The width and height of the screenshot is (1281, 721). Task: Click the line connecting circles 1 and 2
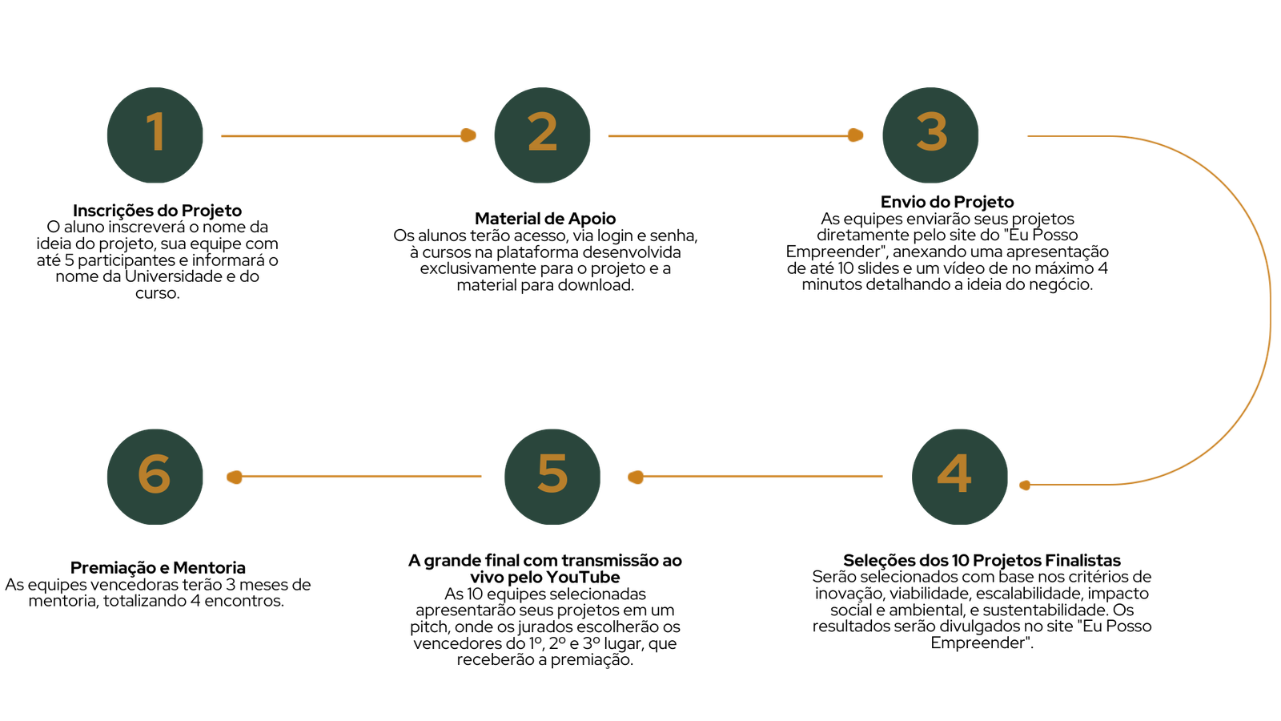pyautogui.click(x=340, y=135)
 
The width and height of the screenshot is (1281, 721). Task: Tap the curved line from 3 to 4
pyautogui.click(x=1271, y=308)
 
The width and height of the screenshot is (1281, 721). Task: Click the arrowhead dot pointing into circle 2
pyautogui.click(x=468, y=135)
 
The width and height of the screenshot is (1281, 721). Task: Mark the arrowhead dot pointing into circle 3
pyautogui.click(x=855, y=135)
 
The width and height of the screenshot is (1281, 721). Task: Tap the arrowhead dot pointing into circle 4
pyautogui.click(x=1025, y=485)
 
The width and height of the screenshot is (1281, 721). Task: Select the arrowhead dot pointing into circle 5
pyautogui.click(x=636, y=477)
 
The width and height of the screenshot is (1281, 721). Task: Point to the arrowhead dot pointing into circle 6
pyautogui.click(x=234, y=477)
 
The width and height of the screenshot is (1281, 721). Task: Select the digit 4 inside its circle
pyautogui.click(x=954, y=473)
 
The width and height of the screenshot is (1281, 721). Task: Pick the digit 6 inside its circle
pyautogui.click(x=154, y=473)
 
